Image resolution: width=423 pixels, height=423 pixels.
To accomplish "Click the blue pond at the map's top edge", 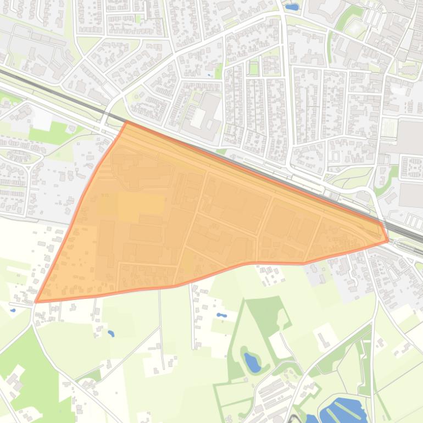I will click(x=291, y=7).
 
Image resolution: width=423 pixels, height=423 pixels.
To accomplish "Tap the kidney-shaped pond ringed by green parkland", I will click(x=252, y=361).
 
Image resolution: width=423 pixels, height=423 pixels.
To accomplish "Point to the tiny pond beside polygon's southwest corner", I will click(x=13, y=310).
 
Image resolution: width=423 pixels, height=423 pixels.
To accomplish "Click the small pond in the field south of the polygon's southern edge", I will click(x=111, y=333).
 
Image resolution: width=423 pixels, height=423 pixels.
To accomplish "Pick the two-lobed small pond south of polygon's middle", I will click(x=221, y=316).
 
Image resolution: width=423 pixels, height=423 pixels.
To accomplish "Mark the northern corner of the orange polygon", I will click(x=126, y=122).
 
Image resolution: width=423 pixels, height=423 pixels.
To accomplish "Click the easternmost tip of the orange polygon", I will click(x=388, y=240).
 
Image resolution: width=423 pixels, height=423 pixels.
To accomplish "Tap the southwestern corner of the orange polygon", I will click(x=36, y=302).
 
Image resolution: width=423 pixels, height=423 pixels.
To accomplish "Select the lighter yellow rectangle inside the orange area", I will click(x=141, y=204).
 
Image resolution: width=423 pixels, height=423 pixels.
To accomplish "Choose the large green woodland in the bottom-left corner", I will click(x=27, y=374).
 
